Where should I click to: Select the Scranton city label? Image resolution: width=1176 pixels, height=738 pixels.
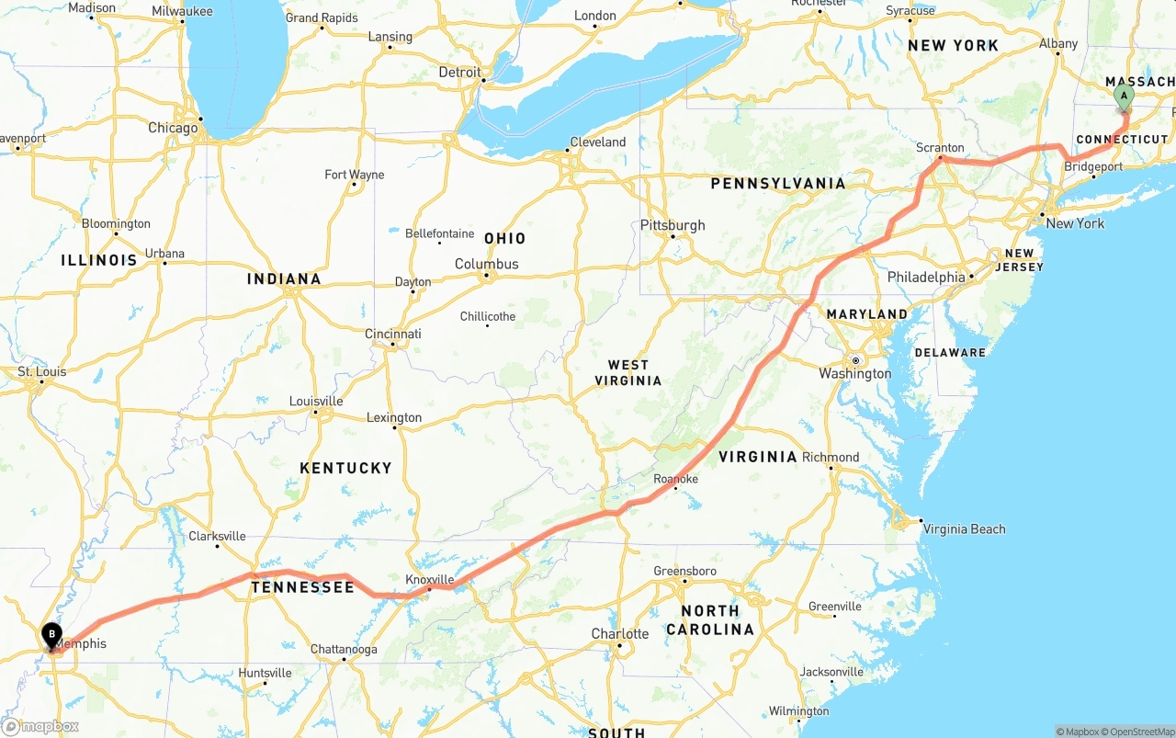(x=940, y=147)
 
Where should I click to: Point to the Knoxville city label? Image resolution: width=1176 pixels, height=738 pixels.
(x=429, y=580)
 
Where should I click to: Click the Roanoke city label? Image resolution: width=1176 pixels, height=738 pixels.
(x=675, y=479)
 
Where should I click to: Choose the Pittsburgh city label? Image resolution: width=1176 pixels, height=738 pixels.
(x=673, y=225)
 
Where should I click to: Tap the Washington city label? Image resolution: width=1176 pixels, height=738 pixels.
(x=854, y=373)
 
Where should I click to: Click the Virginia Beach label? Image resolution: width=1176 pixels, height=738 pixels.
(x=964, y=528)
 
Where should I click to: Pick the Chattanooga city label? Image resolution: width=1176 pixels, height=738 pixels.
(x=344, y=650)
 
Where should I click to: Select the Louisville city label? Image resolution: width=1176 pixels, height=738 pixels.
(x=316, y=401)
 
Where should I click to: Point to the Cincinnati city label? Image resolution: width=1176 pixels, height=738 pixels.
(x=393, y=334)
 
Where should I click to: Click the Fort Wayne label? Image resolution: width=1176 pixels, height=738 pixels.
(x=355, y=175)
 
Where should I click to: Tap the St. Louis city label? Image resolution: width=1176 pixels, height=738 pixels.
(x=42, y=372)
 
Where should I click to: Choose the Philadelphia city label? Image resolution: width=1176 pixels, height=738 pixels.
(x=926, y=277)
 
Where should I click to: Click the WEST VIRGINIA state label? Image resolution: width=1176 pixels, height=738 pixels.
(x=628, y=373)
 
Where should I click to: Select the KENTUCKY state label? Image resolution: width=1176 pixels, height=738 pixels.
(x=345, y=468)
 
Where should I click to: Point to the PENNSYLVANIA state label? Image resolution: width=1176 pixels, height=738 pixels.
(x=777, y=184)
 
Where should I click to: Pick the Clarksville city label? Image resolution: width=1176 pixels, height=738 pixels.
(x=217, y=536)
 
